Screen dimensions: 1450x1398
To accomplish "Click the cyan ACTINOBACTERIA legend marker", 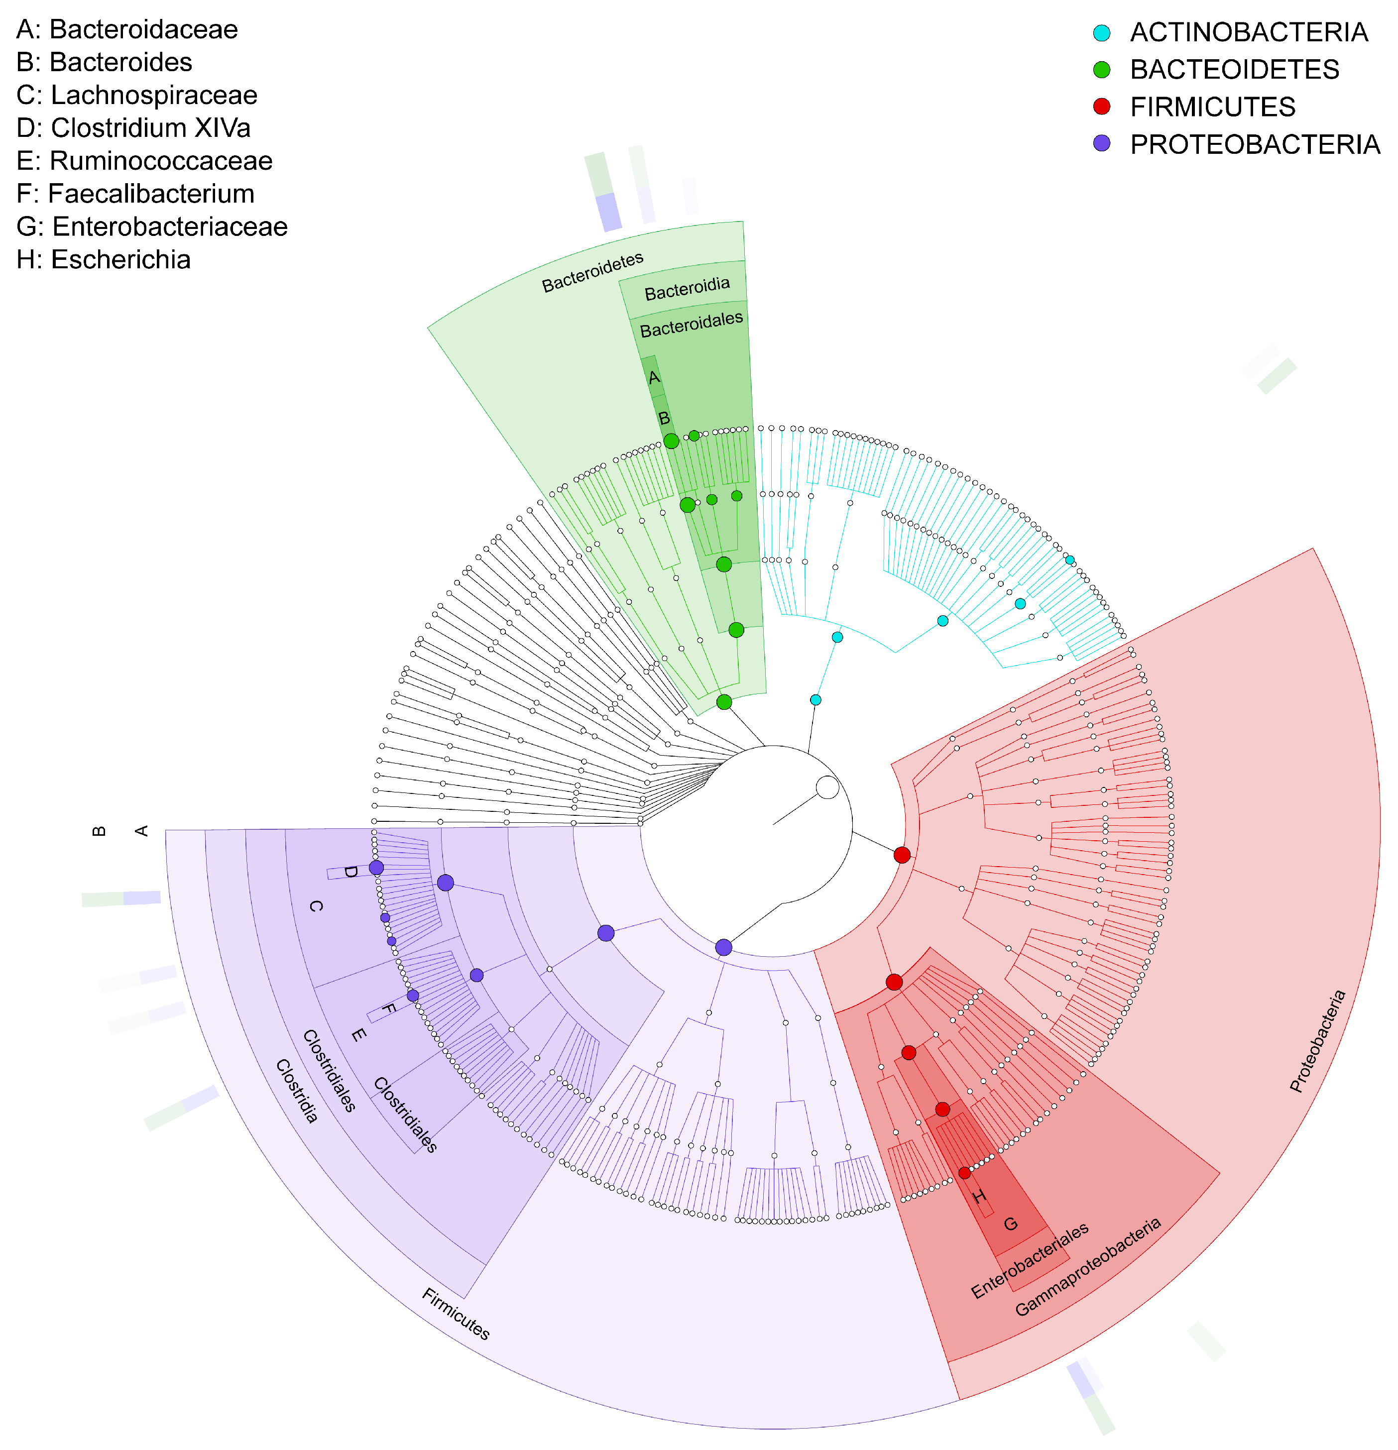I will coord(1101,32).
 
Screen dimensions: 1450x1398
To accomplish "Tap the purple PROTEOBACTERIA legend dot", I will coord(1101,143).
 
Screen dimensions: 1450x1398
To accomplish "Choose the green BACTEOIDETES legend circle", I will coord(1101,70).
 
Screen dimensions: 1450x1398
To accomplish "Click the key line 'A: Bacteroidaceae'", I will coord(127,29).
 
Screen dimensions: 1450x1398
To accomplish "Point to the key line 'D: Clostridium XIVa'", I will coord(133,128).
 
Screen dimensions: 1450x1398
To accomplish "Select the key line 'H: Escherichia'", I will coord(104,260).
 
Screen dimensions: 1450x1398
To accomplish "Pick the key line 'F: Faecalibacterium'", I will coord(135,194).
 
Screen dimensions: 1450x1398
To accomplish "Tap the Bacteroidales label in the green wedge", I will coord(691,325).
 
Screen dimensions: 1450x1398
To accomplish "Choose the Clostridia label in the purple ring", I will coord(297,1091).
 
